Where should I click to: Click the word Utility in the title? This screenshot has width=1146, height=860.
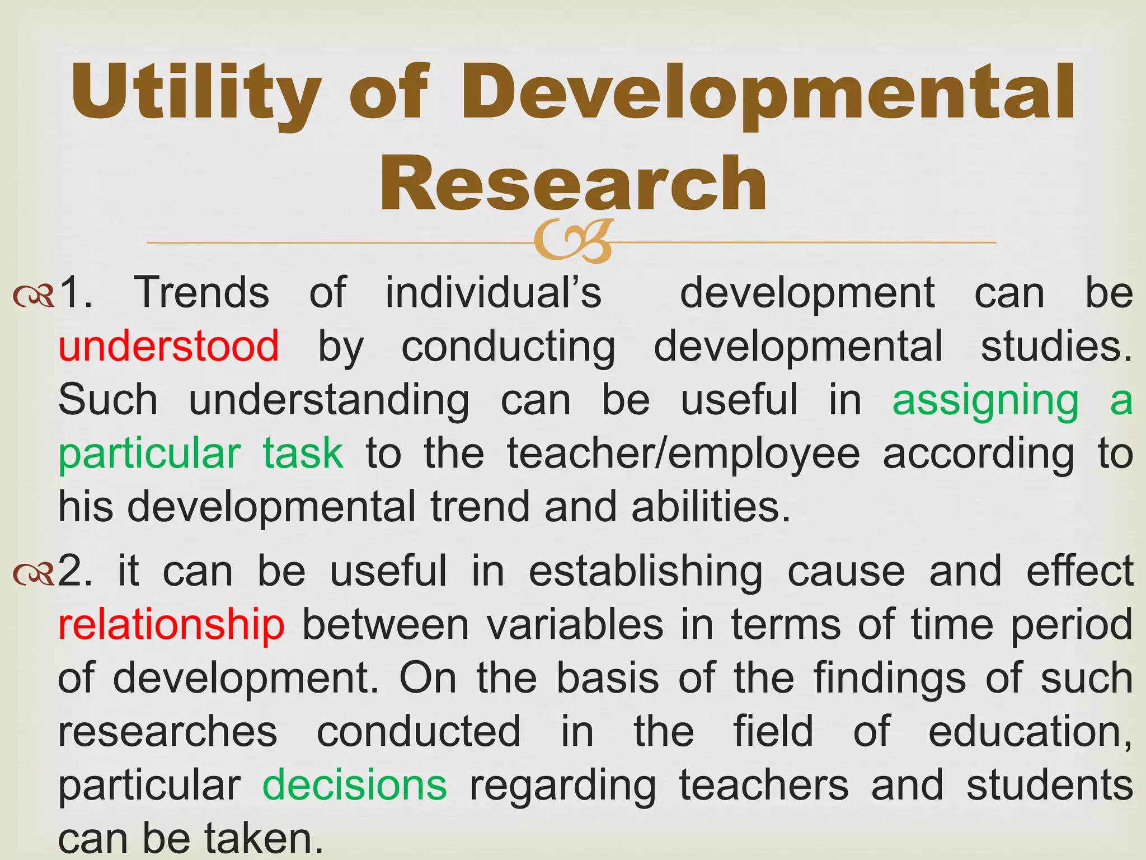pos(196,92)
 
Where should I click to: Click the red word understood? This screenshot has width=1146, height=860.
pos(169,345)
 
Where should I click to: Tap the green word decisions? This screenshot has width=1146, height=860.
pos(355,785)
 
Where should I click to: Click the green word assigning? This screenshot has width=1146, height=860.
pos(985,400)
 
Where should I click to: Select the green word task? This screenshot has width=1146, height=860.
pos(303,453)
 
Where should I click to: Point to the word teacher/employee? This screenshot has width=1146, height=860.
pos(683,453)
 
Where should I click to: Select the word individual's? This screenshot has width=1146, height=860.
pos(493,292)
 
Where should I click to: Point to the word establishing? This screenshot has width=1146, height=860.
pos(646,571)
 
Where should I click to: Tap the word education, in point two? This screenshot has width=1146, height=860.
pos(1030,731)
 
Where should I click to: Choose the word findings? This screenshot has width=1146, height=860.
pos(889,678)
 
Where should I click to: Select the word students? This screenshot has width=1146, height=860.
pos(1050,785)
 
